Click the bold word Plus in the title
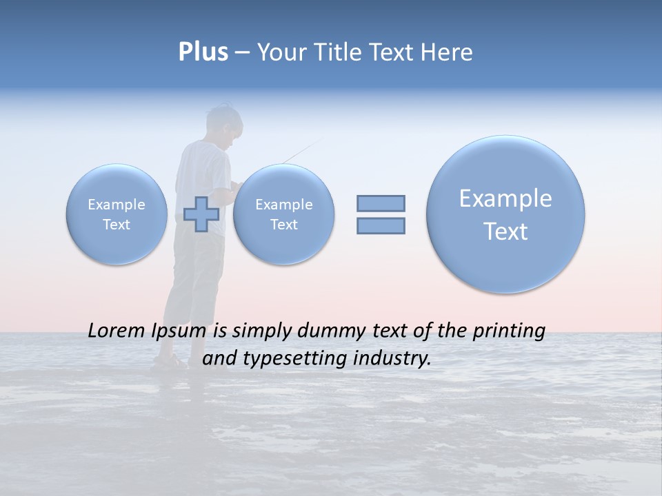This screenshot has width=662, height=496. [203, 52]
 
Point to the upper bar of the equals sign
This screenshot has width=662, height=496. [381, 203]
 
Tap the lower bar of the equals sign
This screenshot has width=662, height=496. [381, 225]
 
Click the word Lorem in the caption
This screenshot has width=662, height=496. [117, 331]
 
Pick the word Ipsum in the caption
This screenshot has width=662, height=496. [178, 331]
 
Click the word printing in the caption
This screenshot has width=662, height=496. [508, 331]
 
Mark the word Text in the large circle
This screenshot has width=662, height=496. [505, 231]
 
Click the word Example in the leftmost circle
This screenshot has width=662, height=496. [117, 205]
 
